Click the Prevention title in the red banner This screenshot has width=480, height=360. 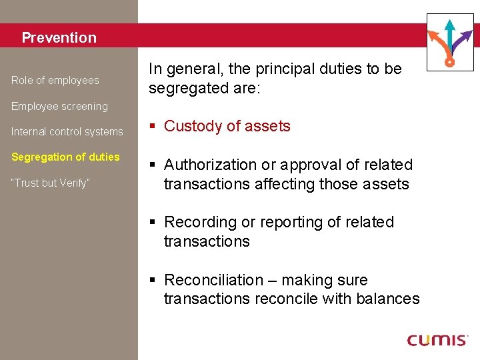[59, 38]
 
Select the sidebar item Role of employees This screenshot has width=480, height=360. [55, 81]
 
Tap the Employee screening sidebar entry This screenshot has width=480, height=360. [59, 106]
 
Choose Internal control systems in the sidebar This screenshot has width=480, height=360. [67, 132]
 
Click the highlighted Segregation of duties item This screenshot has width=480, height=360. [65, 157]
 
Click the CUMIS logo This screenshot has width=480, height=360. [437, 339]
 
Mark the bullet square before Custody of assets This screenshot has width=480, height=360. [153, 126]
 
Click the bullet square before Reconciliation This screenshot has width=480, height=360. [153, 280]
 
